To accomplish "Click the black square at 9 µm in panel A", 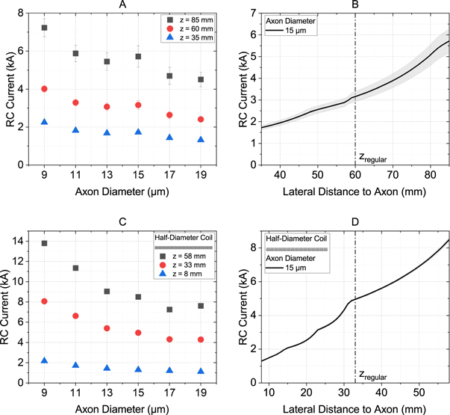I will (x=44, y=28).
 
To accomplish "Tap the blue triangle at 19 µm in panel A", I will (x=201, y=140).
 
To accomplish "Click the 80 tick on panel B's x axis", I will (x=428, y=175).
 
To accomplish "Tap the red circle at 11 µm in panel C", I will (x=75, y=316).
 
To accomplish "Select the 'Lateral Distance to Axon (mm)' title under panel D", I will (x=349, y=406).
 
